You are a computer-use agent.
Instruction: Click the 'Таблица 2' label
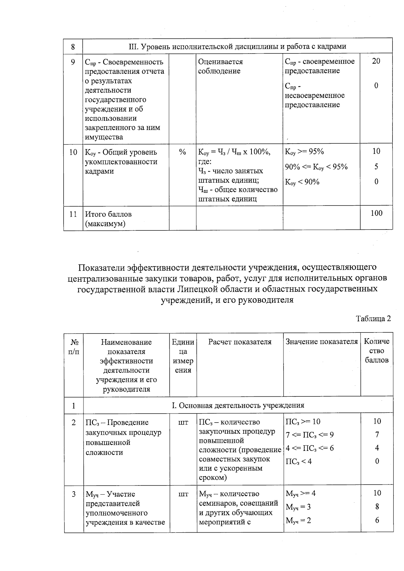click(x=373, y=319)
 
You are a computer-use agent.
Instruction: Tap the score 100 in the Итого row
click(x=376, y=213)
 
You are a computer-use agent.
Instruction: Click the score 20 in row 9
click(x=376, y=61)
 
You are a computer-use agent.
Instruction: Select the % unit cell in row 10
click(x=182, y=152)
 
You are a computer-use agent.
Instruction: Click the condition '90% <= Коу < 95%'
click(x=316, y=167)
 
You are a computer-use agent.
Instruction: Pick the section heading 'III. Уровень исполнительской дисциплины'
click(x=237, y=46)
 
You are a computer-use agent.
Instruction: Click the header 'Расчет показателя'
click(x=240, y=342)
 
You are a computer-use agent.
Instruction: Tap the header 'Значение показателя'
click(x=322, y=342)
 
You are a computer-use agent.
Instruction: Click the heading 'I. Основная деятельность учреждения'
click(x=238, y=405)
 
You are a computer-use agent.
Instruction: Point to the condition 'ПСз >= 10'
click(x=303, y=422)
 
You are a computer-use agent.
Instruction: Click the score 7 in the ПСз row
click(x=377, y=435)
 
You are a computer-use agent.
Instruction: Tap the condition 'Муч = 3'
click(x=298, y=507)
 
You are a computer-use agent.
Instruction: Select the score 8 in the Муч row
click(x=377, y=507)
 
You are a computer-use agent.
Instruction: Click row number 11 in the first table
click(x=73, y=214)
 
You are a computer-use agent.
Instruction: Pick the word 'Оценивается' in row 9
click(x=220, y=62)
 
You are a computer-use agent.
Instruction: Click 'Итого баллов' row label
click(x=108, y=214)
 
